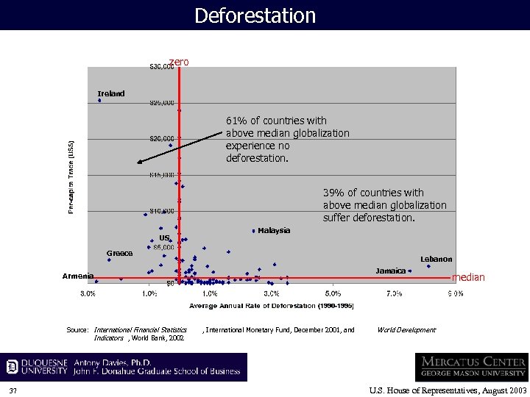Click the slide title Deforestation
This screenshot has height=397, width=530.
click(x=255, y=15)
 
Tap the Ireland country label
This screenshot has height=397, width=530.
click(x=111, y=93)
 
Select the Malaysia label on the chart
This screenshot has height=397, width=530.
click(x=274, y=230)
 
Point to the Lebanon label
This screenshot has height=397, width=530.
click(x=436, y=259)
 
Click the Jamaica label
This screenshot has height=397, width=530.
click(x=390, y=271)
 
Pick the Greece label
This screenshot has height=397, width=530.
click(x=119, y=253)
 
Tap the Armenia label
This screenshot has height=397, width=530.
click(x=77, y=276)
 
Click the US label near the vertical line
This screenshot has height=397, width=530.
click(x=165, y=237)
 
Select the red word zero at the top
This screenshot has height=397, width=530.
click(x=179, y=62)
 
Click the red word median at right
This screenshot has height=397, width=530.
click(x=468, y=277)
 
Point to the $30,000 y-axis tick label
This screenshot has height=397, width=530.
click(x=161, y=67)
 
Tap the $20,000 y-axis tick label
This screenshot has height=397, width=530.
click(x=163, y=138)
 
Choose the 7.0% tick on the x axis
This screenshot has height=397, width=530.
click(x=394, y=293)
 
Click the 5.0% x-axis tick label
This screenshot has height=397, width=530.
click(x=332, y=293)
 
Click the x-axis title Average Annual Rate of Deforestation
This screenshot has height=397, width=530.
click(x=272, y=305)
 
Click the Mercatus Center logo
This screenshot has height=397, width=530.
click(x=471, y=366)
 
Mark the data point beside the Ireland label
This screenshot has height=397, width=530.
click(x=99, y=101)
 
